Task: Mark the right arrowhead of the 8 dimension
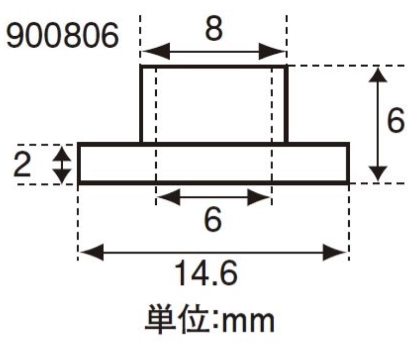[276, 52]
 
